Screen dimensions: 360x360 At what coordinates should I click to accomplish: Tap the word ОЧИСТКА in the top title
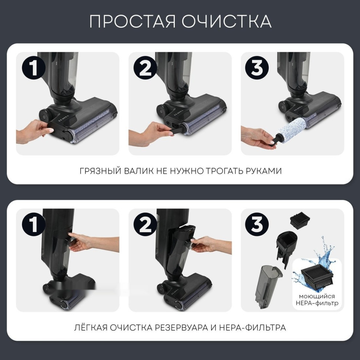pyautogui.click(x=226, y=22)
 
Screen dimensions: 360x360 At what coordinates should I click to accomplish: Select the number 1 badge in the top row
pyautogui.click(x=34, y=68)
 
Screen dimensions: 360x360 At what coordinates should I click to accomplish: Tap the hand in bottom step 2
pyautogui.click(x=208, y=245)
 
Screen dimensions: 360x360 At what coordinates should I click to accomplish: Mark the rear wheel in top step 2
pyautogui.click(x=162, y=110)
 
